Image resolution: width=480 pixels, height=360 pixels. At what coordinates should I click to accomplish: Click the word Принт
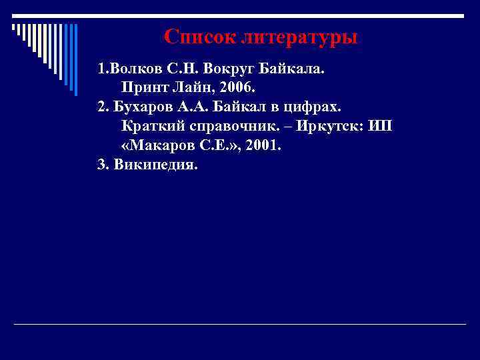(x=143, y=87)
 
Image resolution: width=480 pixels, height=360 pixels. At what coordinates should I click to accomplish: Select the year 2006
(x=237, y=87)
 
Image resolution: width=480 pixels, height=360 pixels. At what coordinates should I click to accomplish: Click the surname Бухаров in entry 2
(x=143, y=107)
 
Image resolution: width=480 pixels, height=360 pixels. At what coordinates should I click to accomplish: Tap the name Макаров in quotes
(x=159, y=145)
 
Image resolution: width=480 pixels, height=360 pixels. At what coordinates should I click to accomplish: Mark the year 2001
(x=263, y=145)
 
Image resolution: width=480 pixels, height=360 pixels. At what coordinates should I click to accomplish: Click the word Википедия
(x=156, y=165)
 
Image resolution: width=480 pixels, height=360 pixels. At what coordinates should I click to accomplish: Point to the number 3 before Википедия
(x=102, y=165)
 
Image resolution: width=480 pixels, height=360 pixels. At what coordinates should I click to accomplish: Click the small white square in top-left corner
(x=13, y=27)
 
